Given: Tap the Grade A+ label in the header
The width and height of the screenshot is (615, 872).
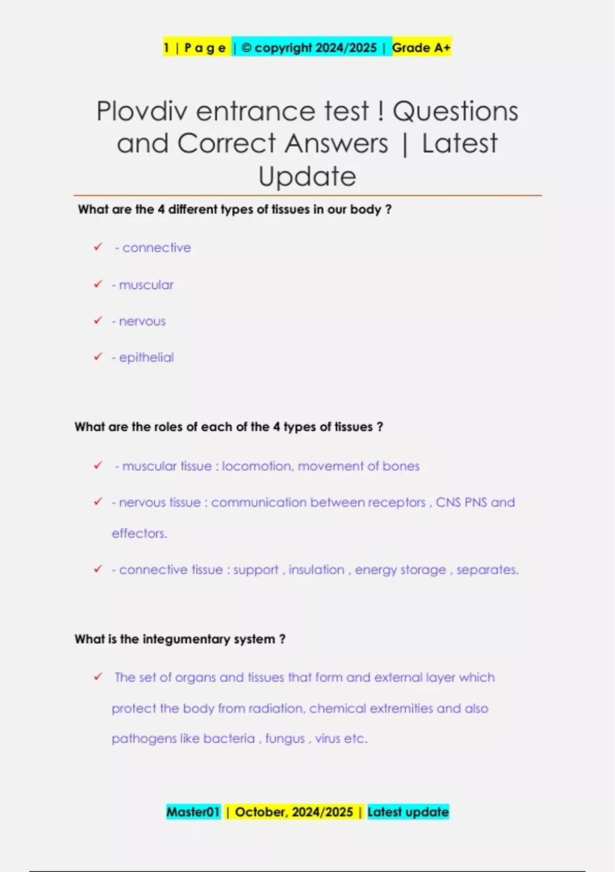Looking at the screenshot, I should click(x=421, y=48).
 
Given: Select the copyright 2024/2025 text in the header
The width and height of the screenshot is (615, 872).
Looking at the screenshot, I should click(x=310, y=48).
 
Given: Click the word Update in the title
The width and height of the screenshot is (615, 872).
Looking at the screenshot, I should click(x=307, y=176).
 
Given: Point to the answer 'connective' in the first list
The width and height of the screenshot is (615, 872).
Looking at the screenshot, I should click(x=156, y=248).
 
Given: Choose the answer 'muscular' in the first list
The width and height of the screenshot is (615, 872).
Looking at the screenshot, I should click(x=146, y=285).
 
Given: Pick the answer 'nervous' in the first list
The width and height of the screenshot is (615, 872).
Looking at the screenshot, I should click(x=142, y=321).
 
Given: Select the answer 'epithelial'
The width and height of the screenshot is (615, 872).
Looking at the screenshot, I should click(x=147, y=358).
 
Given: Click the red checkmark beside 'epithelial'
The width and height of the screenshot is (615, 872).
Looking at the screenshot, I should click(x=98, y=356).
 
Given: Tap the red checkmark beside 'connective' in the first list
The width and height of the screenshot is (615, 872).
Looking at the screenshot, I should click(x=98, y=247).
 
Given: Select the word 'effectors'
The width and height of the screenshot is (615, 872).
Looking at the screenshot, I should click(x=139, y=533).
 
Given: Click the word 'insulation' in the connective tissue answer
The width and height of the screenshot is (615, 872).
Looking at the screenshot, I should click(x=316, y=570).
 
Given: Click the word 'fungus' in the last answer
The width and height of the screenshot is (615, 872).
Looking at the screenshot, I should click(x=285, y=739).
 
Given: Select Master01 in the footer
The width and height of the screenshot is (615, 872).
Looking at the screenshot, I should click(x=193, y=812).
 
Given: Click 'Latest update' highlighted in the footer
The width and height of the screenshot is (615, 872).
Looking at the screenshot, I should click(x=408, y=812).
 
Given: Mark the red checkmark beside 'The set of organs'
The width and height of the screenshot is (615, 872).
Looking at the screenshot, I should click(x=98, y=677).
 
